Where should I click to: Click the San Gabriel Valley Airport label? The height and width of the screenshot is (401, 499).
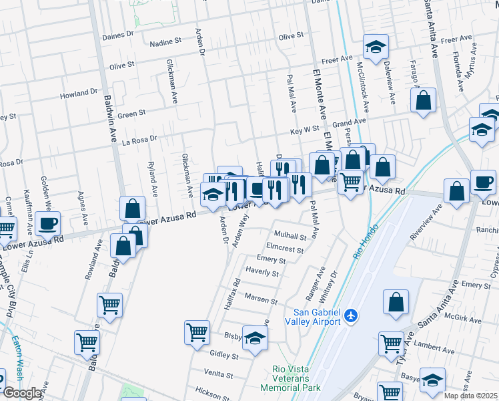[318, 317]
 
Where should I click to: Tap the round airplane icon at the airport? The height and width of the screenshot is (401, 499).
[353, 315]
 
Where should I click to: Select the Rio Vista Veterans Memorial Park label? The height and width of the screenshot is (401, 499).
[297, 378]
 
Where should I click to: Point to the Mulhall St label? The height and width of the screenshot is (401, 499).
[290, 236]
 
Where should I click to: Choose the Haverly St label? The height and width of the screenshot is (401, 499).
[262, 273]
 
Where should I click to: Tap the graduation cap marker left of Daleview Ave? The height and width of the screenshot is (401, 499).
[376, 47]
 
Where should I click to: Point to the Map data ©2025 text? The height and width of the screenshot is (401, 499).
[471, 396]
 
